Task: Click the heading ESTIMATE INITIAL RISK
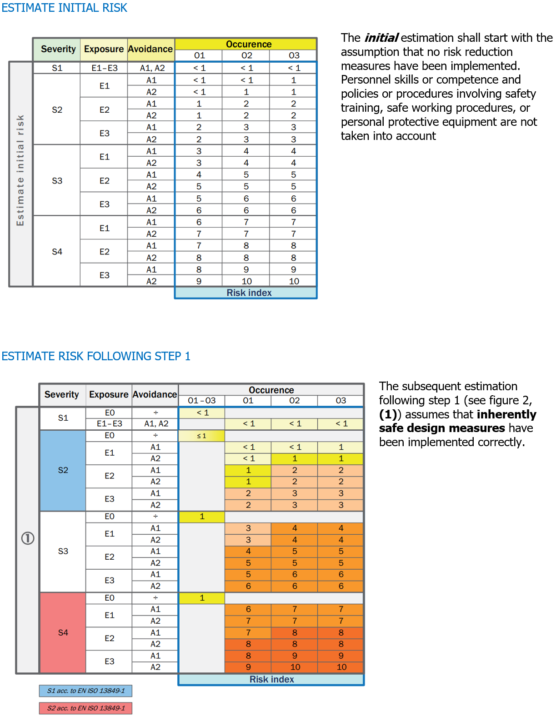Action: (64, 8)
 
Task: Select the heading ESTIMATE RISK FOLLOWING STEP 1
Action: (96, 356)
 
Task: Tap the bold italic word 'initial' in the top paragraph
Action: (381, 38)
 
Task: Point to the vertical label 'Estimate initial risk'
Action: (20, 170)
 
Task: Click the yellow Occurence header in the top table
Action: (248, 44)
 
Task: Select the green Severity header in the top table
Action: (58, 49)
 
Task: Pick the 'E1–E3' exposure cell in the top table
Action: (104, 68)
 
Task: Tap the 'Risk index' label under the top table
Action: (249, 293)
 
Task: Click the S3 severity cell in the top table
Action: (57, 181)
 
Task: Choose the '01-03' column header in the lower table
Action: (201, 401)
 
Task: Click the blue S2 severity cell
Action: (63, 470)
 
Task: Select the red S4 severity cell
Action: (63, 632)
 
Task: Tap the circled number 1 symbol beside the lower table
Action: (28, 538)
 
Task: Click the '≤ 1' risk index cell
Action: (201, 436)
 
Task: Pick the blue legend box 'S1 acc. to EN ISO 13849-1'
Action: (85, 691)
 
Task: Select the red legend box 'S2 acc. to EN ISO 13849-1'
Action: (85, 708)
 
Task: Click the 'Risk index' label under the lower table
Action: (271, 679)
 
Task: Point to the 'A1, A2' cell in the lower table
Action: (155, 424)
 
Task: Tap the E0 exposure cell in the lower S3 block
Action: (109, 517)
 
